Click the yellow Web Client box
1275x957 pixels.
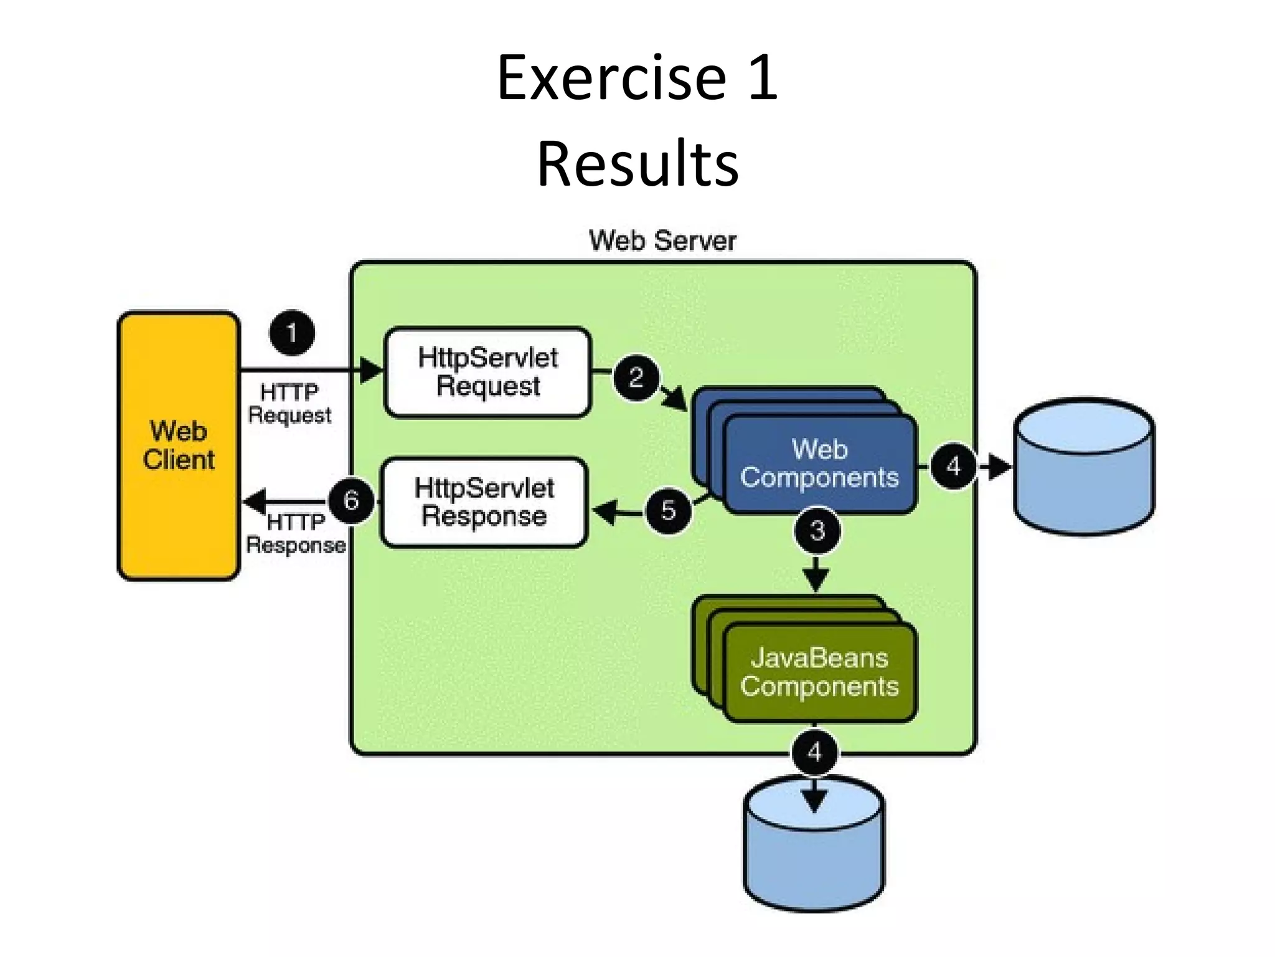pos(179,446)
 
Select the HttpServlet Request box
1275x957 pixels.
pos(487,372)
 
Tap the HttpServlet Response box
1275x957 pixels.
pos(484,502)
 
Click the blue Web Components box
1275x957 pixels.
pos(819,464)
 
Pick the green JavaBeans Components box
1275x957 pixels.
pos(819,673)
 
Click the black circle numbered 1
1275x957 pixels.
pos(292,333)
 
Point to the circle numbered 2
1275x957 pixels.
pos(636,378)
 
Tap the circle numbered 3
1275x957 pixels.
pos(817,531)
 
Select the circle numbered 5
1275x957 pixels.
pos(668,510)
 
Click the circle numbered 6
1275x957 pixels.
pos(351,500)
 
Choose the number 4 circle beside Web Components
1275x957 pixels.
pos(953,466)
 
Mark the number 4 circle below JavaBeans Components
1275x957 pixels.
pos(814,753)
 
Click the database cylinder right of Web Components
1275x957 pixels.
pos(1084,467)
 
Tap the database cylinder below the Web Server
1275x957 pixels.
pos(814,847)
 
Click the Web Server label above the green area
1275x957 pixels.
pos(662,240)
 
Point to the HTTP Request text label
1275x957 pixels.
pos(289,404)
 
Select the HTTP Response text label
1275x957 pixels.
pos(296,533)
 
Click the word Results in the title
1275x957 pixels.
pos(637,164)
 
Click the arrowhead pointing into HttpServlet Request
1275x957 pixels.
pos(372,370)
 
